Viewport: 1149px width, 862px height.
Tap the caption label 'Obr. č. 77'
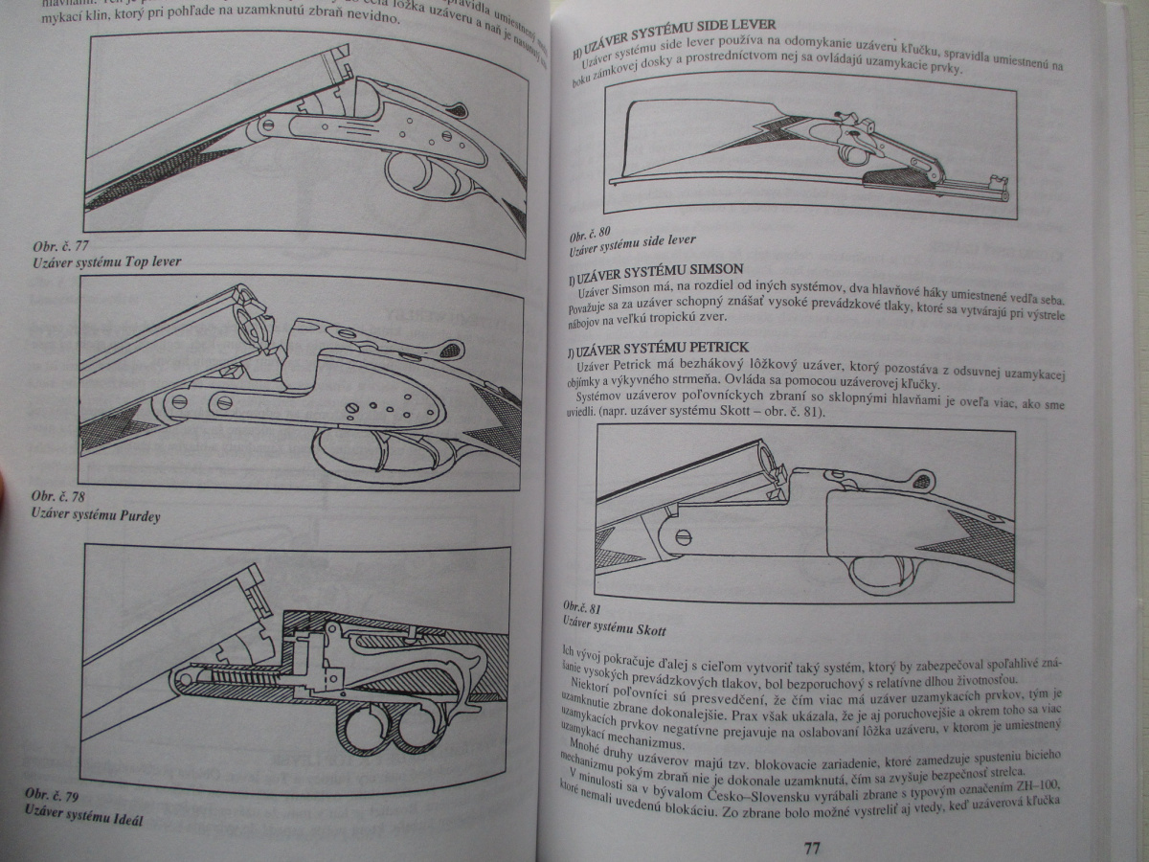point(59,246)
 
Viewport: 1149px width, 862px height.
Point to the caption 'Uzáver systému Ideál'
point(90,821)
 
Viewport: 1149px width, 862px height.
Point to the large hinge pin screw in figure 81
point(684,536)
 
